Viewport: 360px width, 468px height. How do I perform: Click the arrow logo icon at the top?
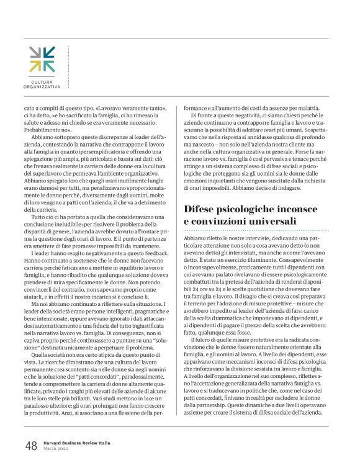(42, 59)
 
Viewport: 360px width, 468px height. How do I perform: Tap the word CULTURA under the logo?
(42, 82)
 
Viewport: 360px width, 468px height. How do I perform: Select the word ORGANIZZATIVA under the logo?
(42, 87)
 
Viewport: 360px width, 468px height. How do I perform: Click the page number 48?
(31, 445)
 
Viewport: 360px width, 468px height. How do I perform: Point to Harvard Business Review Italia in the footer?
(79, 443)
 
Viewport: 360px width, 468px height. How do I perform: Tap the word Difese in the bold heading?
(204, 209)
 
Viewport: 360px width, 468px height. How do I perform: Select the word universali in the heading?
(263, 222)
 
